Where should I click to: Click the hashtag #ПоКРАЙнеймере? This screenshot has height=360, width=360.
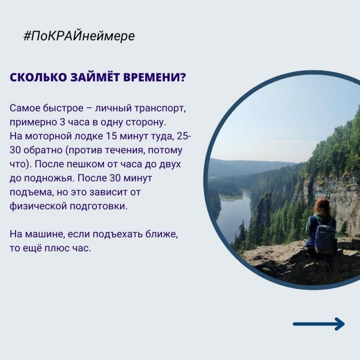point(79,36)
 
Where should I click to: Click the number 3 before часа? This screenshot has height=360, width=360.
point(62,122)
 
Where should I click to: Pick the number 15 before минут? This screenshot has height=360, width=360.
point(111,136)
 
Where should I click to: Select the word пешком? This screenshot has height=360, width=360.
point(86,165)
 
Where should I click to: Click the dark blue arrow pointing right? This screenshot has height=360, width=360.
point(319,324)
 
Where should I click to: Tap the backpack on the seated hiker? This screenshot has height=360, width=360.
point(325,238)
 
